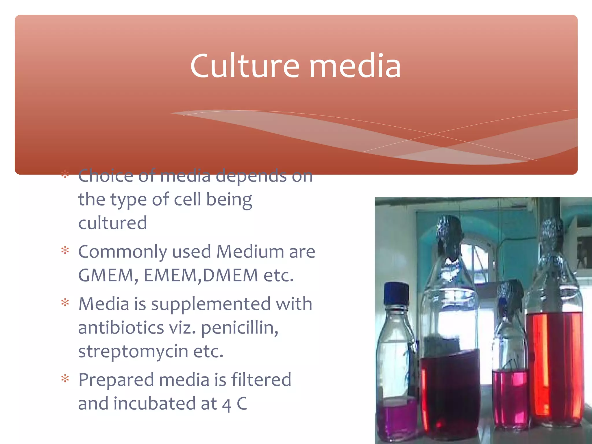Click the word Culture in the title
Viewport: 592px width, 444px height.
(245, 66)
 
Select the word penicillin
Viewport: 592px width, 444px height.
(240, 328)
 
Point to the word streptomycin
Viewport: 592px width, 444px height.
(133, 352)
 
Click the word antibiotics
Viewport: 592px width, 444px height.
(121, 328)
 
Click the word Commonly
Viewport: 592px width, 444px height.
(123, 251)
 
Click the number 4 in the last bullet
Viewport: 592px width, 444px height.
(227, 405)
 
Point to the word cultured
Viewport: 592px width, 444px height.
(112, 223)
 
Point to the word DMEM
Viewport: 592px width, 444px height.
(230, 275)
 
